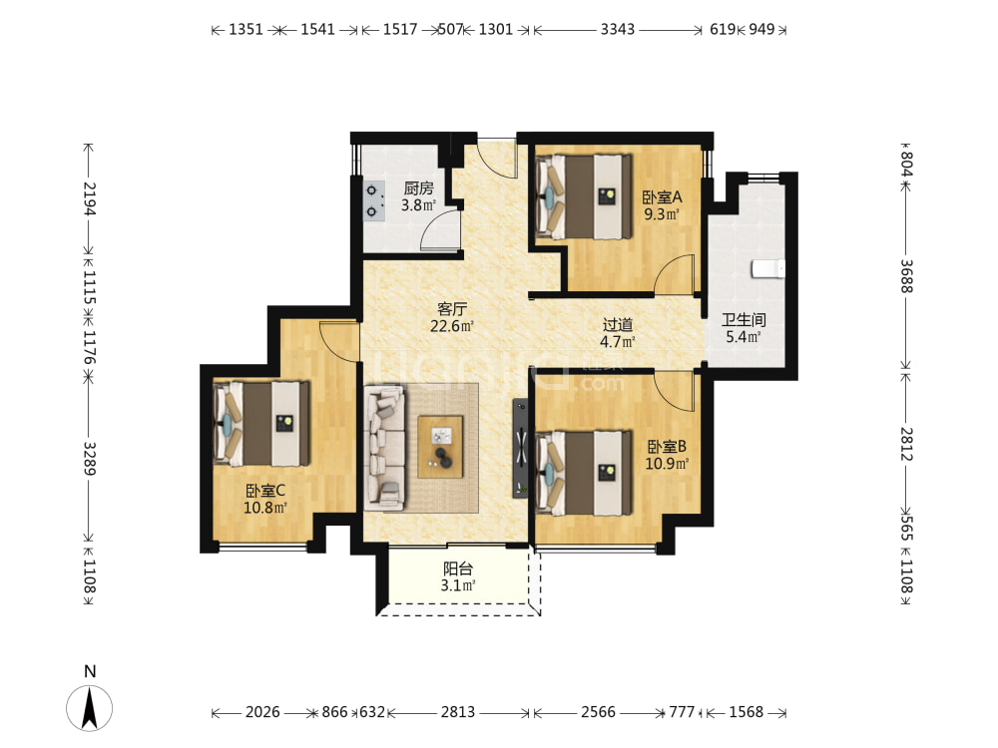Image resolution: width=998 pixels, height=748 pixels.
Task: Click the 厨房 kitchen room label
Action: coord(418,188)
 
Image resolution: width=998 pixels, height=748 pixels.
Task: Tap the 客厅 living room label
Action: coord(452,309)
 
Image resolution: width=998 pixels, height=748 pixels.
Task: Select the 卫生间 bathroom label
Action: coord(744,320)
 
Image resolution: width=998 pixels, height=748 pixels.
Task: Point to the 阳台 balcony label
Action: coord(458,568)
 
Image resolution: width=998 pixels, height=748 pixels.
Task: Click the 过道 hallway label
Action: coord(618,325)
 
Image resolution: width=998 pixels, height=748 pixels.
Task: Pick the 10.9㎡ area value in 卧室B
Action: coord(667,464)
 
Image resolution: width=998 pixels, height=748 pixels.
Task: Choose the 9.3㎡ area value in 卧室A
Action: coord(662,214)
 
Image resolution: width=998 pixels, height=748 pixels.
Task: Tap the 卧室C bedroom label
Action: coord(265,491)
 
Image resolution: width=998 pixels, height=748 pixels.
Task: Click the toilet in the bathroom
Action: coord(767,268)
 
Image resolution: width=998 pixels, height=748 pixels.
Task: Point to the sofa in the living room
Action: coord(384,447)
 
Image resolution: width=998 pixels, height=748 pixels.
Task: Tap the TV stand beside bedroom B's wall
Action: coord(521,448)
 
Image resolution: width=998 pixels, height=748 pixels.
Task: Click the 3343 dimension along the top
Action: coord(618,29)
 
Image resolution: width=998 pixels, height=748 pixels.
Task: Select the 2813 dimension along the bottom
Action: coord(458,712)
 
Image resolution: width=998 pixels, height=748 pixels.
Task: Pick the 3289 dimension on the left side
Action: coord(89,459)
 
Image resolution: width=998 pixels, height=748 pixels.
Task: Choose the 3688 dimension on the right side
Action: coord(906,276)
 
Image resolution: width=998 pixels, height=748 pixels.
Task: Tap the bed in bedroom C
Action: coord(260,423)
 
